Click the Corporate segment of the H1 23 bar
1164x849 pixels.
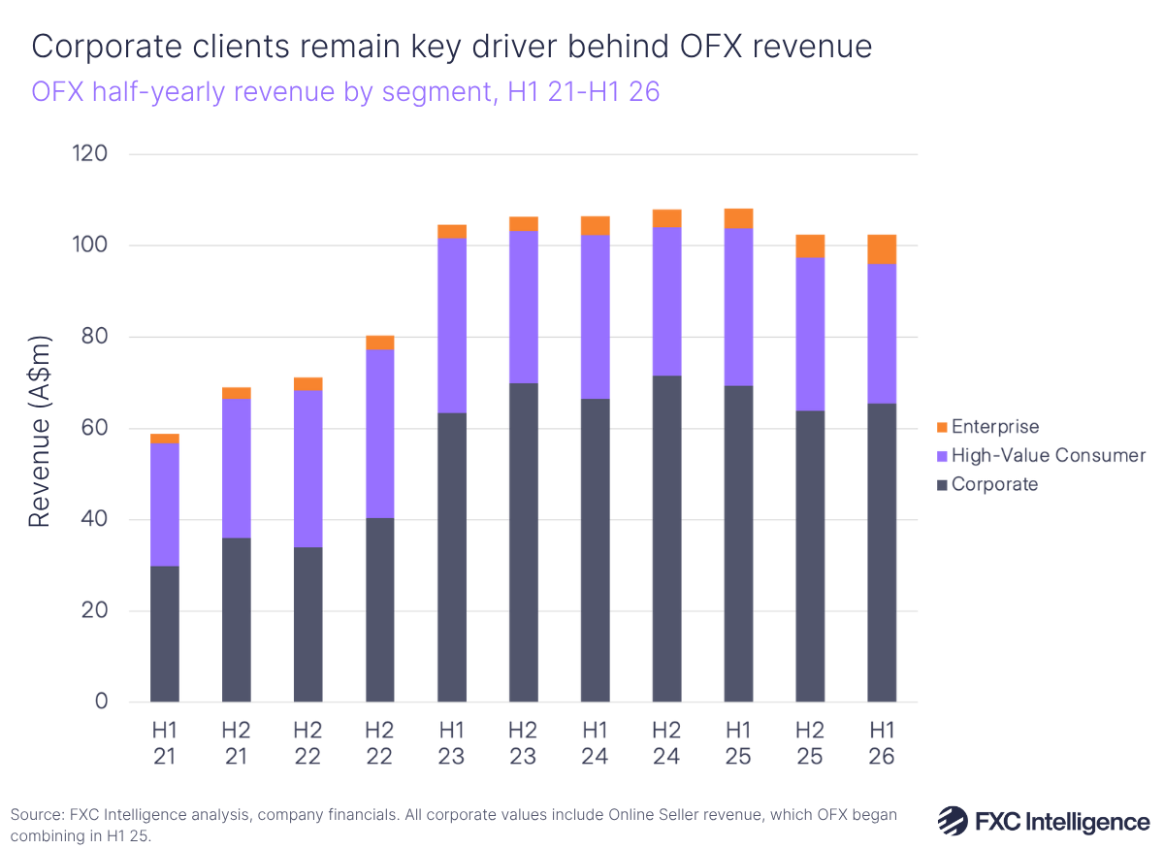pos(452,557)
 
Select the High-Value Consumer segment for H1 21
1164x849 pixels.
pos(165,505)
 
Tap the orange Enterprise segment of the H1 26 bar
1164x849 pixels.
pos(882,249)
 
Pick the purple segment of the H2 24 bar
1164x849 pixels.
pos(667,301)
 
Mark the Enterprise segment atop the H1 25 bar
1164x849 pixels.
pos(738,218)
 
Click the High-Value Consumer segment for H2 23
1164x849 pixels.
pos(524,307)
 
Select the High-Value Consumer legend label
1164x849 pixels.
pos(1048,455)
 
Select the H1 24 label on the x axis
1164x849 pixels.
pos(595,742)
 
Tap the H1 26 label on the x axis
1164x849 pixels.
pos(882,742)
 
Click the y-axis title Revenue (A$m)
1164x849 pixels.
pos(39,428)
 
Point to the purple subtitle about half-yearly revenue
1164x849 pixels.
pos(345,93)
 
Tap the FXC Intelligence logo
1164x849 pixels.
pos(1043,821)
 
